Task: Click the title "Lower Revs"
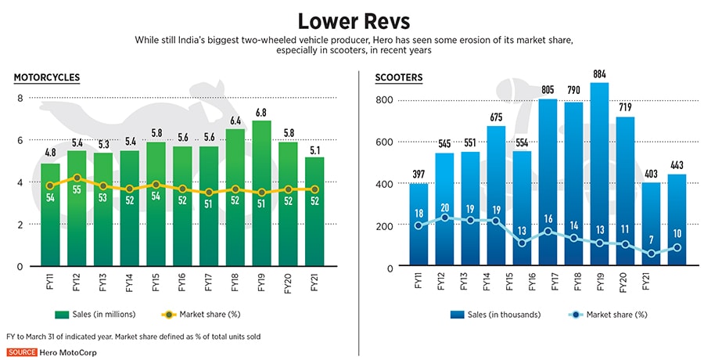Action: (x=352, y=19)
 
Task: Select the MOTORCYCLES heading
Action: (x=46, y=77)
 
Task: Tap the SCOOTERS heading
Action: (x=399, y=77)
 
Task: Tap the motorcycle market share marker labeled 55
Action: (x=77, y=178)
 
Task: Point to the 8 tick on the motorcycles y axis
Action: (x=20, y=98)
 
